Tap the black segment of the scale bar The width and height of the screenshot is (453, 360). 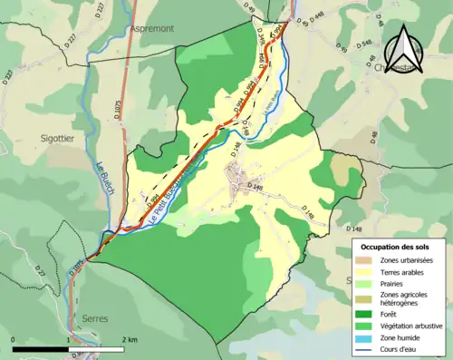41,348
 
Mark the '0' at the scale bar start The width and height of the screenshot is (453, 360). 14,338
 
